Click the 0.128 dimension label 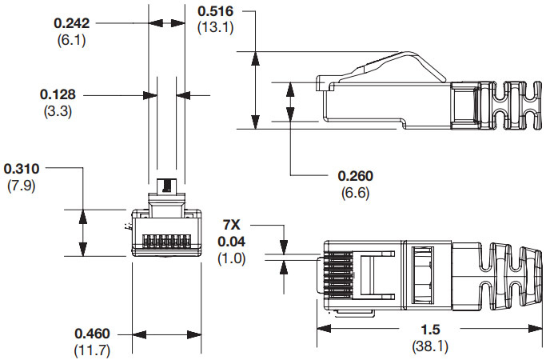(x=58, y=94)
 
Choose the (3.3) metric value (x=58, y=110)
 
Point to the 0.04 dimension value (x=233, y=242)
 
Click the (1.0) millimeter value (x=232, y=258)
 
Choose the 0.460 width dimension (x=93, y=333)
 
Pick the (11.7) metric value (x=93, y=349)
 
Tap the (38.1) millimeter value (x=429, y=346)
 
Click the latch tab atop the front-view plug (x=166, y=186)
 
